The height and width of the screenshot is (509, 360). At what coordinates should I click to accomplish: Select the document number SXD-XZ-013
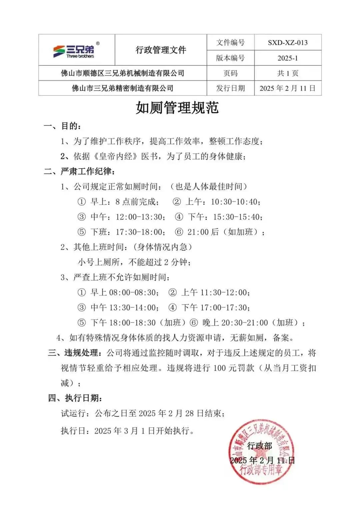coord(288,43)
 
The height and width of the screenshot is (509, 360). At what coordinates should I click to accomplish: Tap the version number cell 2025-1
coord(288,58)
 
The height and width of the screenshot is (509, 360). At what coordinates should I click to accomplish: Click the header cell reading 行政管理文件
coord(161,50)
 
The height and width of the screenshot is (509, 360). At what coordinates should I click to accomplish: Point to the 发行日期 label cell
coord(230,88)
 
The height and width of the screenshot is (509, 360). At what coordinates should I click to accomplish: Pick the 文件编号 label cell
coord(230,43)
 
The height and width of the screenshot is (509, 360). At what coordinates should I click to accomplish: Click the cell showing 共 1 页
coord(288,73)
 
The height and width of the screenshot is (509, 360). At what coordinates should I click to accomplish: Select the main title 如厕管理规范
coord(177,108)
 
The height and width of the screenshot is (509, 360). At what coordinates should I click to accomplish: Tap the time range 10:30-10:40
coord(235,202)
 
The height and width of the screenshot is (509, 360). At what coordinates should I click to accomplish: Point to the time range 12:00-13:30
coord(139,217)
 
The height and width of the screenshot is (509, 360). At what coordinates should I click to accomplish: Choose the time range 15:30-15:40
coord(237,217)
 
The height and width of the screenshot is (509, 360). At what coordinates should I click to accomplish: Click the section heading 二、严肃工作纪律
coord(80,172)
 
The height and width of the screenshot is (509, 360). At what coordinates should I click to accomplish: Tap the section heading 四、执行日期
coord(75,398)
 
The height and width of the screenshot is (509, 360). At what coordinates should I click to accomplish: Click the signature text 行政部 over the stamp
coord(260,446)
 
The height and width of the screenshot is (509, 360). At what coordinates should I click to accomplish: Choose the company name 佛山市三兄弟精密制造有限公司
coord(123,88)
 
